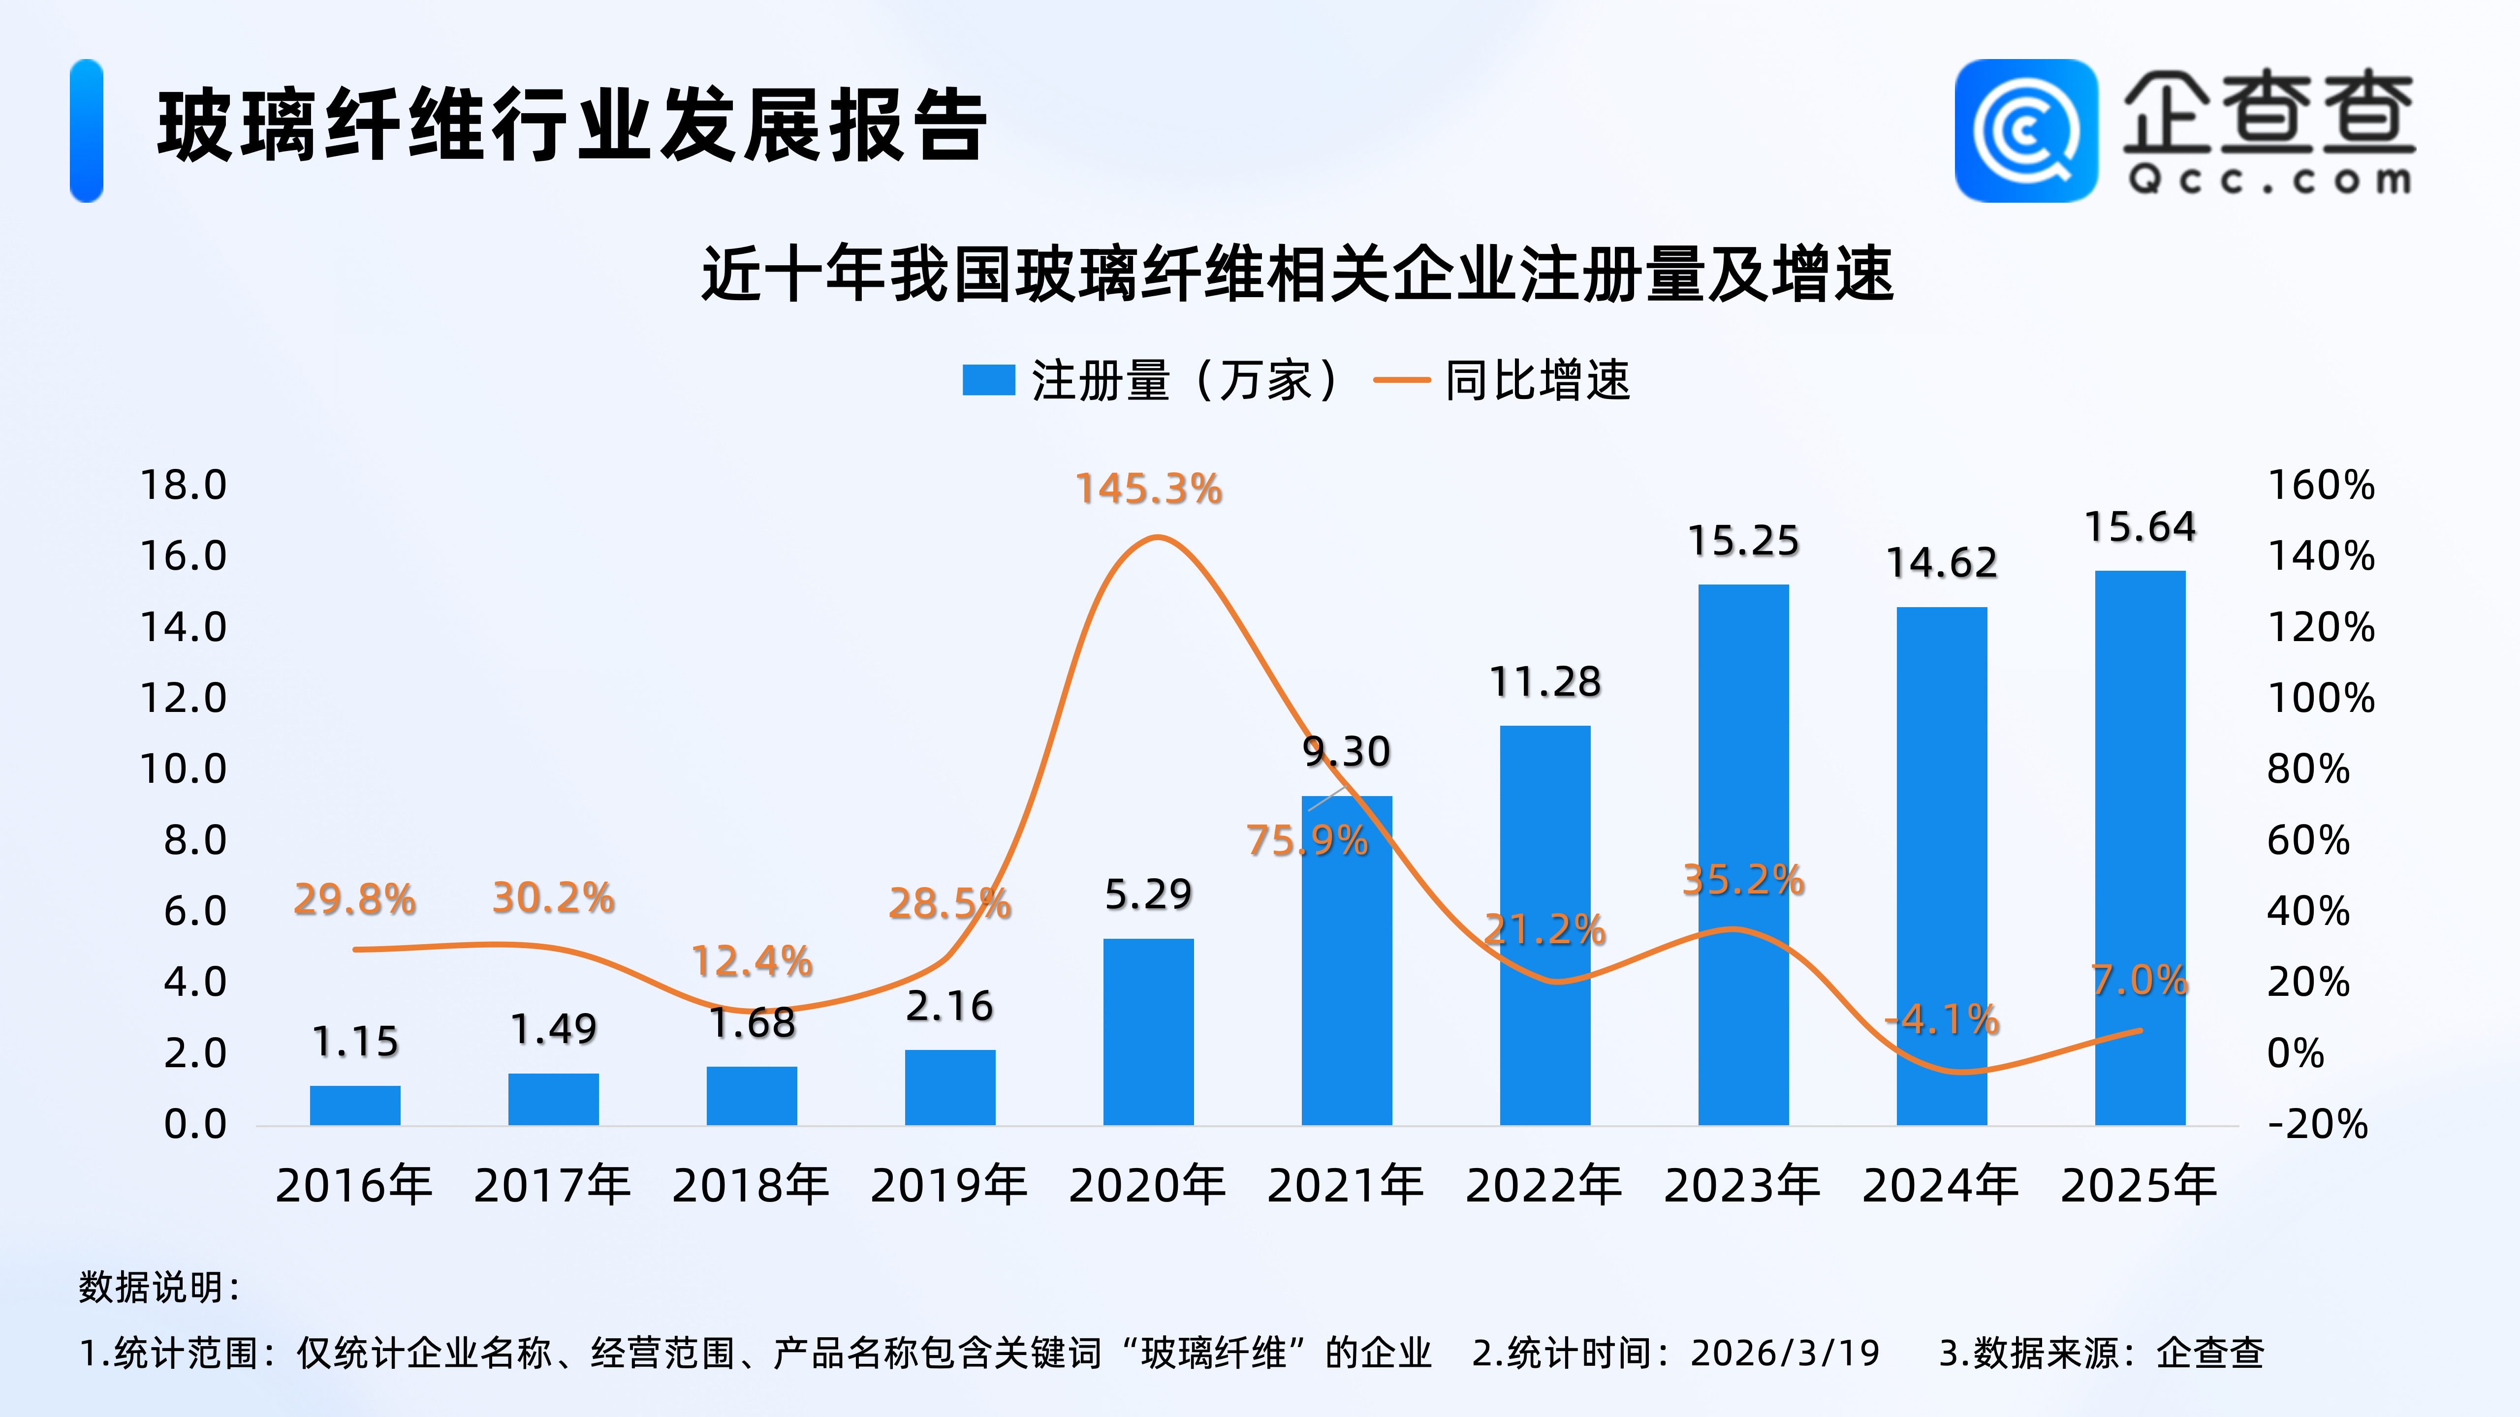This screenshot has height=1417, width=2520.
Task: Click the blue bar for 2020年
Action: click(x=1148, y=1032)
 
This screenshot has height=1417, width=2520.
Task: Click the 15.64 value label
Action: click(x=2141, y=527)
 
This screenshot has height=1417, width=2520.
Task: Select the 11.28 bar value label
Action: click(x=1544, y=681)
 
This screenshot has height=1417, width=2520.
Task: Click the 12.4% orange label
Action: click(x=751, y=961)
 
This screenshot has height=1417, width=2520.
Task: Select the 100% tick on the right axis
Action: click(x=2321, y=698)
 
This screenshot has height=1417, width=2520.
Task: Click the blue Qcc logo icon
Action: click(x=2026, y=131)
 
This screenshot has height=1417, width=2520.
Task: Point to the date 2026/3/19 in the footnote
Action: click(x=1785, y=1354)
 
